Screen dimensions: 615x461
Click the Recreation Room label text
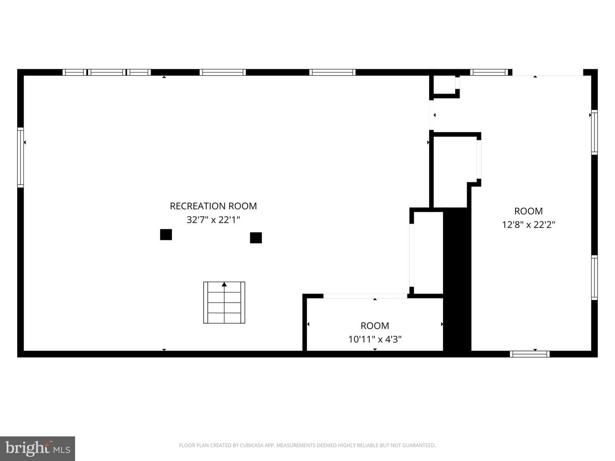pyautogui.click(x=213, y=206)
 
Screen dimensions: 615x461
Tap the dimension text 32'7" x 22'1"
pyautogui.click(x=213, y=220)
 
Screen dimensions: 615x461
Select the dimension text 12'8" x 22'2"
pyautogui.click(x=528, y=225)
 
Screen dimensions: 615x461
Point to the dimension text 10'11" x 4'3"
pyautogui.click(x=375, y=339)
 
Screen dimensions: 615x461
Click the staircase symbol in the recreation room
pyautogui.click(x=224, y=303)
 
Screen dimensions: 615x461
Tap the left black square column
pyautogui.click(x=166, y=235)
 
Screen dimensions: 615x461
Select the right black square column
pyautogui.click(x=256, y=238)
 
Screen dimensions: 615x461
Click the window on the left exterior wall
pyautogui.click(x=20, y=158)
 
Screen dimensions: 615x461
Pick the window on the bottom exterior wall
pyautogui.click(x=530, y=354)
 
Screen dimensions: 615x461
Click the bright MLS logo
pyautogui.click(x=37, y=448)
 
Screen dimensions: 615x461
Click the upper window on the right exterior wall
pyautogui.click(x=594, y=132)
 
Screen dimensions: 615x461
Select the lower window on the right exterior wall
pyautogui.click(x=594, y=277)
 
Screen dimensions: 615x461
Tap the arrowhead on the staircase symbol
pyautogui.click(x=224, y=284)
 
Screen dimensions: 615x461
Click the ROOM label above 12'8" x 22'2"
pyautogui.click(x=528, y=211)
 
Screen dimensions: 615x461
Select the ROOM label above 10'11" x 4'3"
pyautogui.click(x=375, y=326)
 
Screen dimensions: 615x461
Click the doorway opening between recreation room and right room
pyautogui.click(x=431, y=114)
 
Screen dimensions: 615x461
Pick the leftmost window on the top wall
pyautogui.click(x=74, y=72)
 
